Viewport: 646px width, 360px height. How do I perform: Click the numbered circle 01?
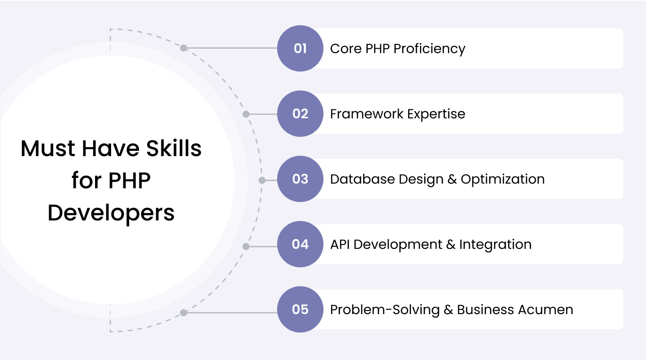(300, 48)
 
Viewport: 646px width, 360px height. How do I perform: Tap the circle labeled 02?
(300, 114)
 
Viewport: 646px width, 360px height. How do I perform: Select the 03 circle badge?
(300, 179)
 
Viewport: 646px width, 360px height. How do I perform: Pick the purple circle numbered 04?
(300, 244)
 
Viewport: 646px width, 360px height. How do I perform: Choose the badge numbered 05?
(300, 309)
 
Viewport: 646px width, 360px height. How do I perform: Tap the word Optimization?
(503, 179)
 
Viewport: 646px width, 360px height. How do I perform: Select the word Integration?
(495, 245)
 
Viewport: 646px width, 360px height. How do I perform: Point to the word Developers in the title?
(111, 213)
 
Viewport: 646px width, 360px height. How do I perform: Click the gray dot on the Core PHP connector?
(183, 48)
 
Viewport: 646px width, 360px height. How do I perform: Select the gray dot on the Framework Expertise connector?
(245, 114)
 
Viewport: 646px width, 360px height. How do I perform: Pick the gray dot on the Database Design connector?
(262, 180)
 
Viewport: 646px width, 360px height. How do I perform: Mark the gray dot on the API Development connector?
(245, 246)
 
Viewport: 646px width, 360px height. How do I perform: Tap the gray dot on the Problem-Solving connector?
(183, 312)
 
